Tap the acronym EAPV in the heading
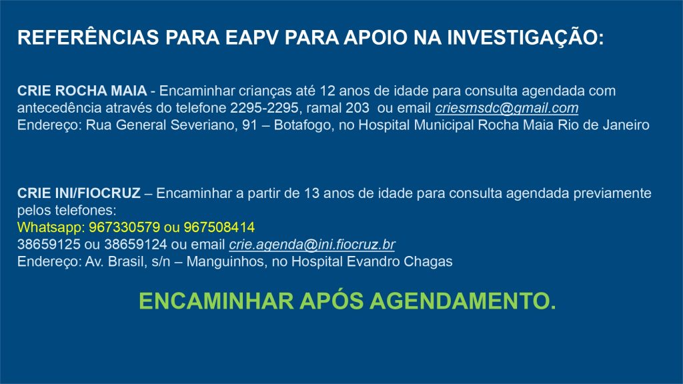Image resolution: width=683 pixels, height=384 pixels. click(251, 37)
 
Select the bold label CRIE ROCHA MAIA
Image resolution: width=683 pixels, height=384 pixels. click(82, 91)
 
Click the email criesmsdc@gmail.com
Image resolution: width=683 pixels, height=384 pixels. click(507, 108)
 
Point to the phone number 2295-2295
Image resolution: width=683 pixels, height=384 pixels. click(264, 107)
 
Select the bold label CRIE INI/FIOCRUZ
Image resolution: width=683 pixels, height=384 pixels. click(79, 193)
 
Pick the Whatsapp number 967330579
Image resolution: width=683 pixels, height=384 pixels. click(124, 227)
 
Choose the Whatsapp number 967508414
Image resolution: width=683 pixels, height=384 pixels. click(219, 227)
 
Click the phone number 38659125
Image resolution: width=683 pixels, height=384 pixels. click(49, 244)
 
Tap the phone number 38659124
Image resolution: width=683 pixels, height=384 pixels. click(135, 244)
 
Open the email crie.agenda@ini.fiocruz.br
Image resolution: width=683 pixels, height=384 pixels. click(312, 245)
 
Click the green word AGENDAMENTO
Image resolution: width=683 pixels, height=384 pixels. click(463, 301)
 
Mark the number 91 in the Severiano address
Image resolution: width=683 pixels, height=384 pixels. click(249, 125)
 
